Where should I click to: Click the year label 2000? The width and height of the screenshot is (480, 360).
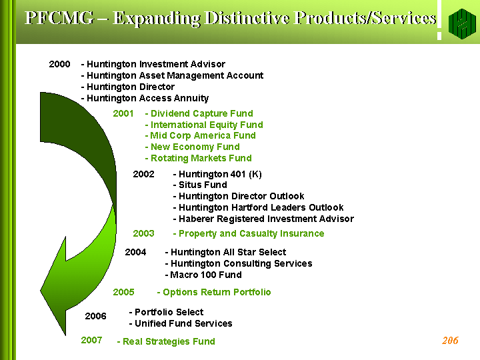click(59, 64)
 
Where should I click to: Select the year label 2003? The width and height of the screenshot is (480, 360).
click(143, 233)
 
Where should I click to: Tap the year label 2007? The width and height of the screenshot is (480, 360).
click(91, 340)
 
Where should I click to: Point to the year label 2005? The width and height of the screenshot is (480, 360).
click(123, 292)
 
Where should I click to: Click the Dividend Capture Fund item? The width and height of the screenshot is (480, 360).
click(199, 113)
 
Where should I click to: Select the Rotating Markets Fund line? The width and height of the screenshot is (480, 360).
click(199, 158)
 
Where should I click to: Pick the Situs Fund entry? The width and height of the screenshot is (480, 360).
click(200, 185)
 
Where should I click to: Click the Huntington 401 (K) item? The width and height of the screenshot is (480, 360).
click(217, 174)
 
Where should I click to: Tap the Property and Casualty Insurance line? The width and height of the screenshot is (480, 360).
click(249, 233)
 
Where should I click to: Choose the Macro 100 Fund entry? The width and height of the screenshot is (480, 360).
click(203, 275)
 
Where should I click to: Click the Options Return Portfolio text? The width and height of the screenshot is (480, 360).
click(214, 293)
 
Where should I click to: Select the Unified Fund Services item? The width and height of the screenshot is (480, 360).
click(181, 323)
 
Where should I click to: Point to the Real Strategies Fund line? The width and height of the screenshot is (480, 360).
click(166, 341)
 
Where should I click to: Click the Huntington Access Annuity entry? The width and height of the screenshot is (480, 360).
click(145, 98)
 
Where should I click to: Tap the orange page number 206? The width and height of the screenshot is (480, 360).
click(450, 341)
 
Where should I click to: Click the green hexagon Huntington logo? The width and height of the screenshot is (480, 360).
click(462, 23)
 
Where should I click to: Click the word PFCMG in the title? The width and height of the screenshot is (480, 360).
click(59, 18)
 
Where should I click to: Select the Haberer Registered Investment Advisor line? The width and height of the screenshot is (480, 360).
click(263, 219)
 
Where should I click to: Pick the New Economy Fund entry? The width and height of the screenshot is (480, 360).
click(192, 147)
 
